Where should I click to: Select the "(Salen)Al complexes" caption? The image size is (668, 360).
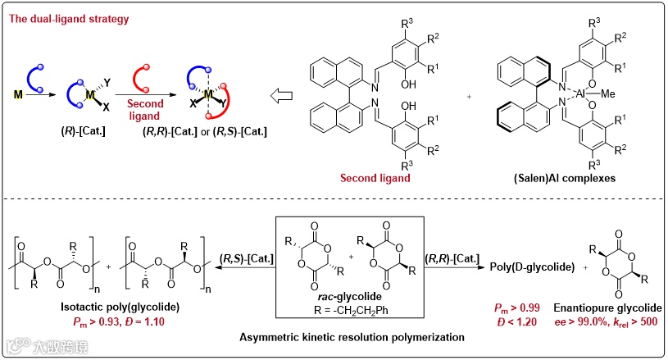[x=581, y=180]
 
